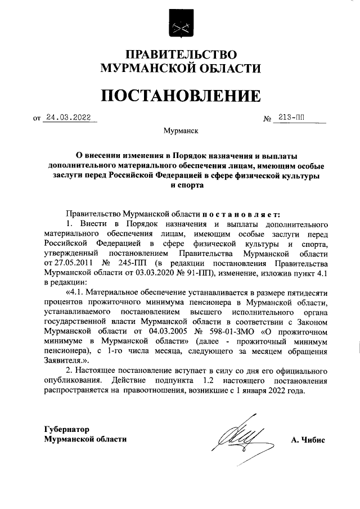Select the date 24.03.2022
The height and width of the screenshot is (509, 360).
(68, 119)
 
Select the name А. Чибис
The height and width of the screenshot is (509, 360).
(308, 439)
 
